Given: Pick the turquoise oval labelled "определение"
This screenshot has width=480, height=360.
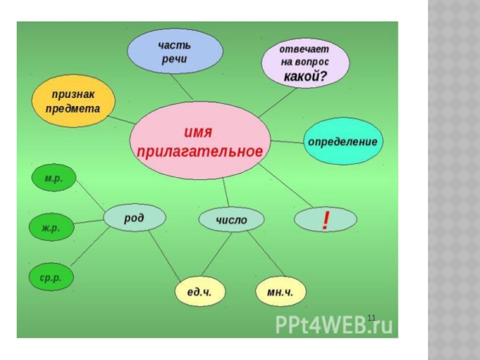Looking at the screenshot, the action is (x=343, y=142).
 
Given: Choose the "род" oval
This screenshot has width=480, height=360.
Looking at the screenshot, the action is (x=134, y=218).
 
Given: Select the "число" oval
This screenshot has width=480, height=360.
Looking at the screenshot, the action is (x=232, y=220).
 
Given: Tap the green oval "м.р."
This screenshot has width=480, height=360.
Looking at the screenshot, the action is (x=53, y=179).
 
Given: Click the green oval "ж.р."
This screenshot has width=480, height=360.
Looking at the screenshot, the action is (x=52, y=228).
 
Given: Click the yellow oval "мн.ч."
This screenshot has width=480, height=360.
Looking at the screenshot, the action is (x=281, y=292).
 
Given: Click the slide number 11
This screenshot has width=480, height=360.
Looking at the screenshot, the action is (x=371, y=317).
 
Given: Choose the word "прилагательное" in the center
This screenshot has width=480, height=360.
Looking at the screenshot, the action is (x=200, y=152).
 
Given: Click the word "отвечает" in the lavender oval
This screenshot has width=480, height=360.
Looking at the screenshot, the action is (x=305, y=49).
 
